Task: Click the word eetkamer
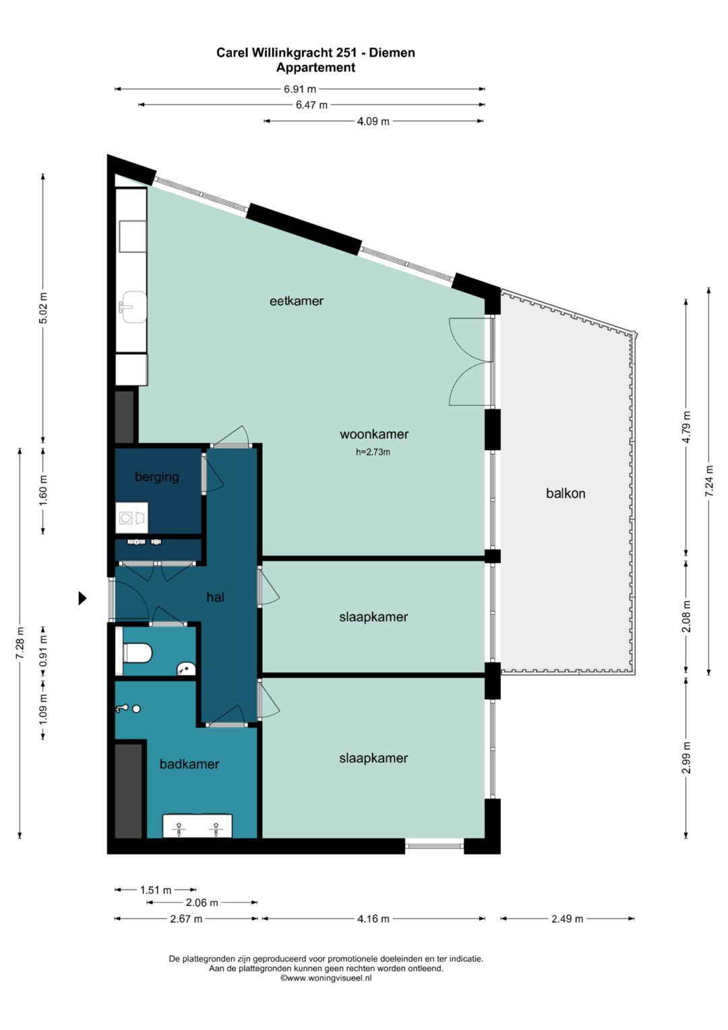coord(297,302)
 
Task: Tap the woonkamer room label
coord(374,434)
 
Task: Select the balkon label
coord(566,493)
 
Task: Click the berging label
coord(156,478)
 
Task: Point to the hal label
coord(215,598)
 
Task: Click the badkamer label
coord(189,764)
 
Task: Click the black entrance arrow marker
coord(82,598)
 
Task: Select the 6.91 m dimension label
coord(299,89)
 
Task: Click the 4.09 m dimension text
coord(373,121)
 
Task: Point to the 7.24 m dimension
coord(709,480)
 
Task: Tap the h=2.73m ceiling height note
coord(373,452)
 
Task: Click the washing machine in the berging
coord(131,518)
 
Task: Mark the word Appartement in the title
coord(315,67)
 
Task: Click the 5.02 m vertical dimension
coord(43,308)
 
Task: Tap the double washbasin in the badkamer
coord(197,826)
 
